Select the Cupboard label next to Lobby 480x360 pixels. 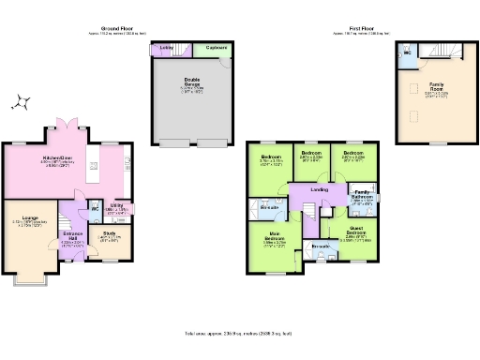215,46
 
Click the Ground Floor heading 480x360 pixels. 114,30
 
